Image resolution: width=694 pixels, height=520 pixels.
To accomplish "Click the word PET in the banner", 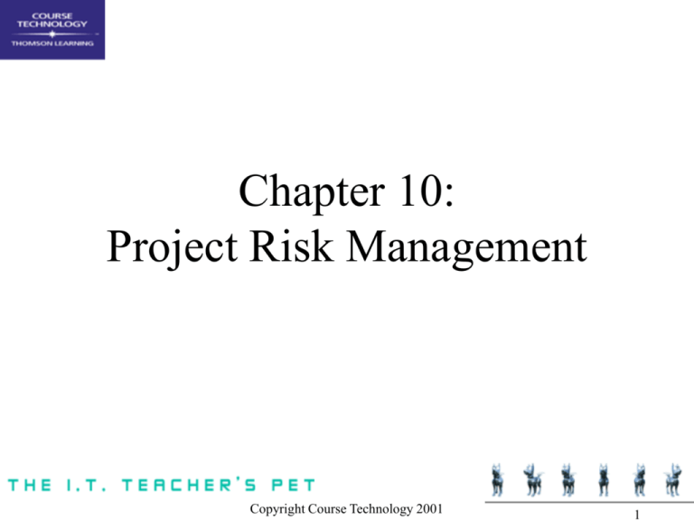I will (290, 486).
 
